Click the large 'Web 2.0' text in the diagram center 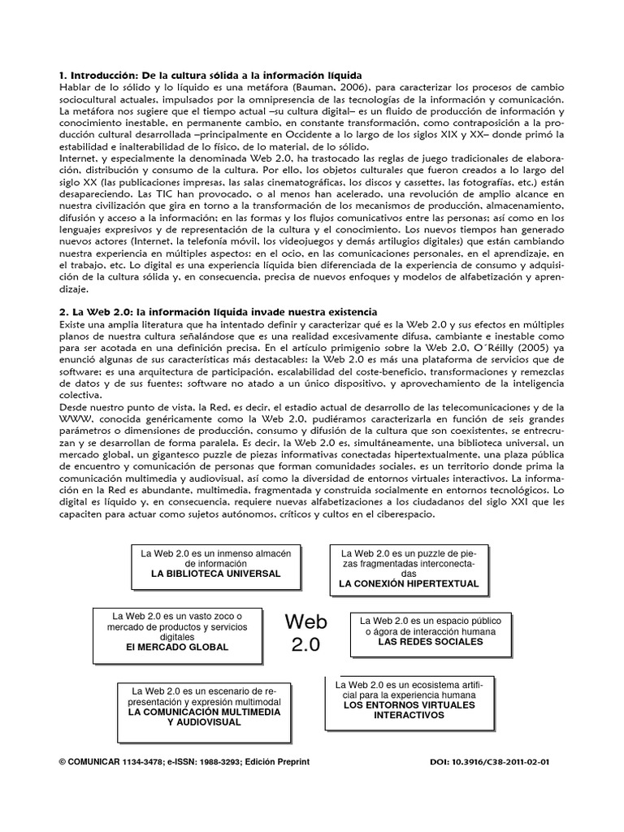tap(305, 634)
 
